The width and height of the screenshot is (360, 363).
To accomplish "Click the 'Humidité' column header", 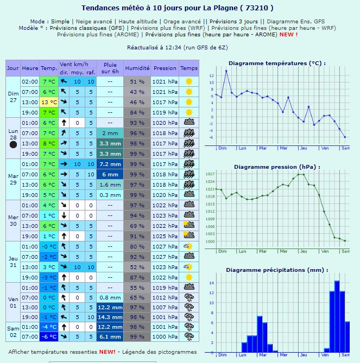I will (137, 68).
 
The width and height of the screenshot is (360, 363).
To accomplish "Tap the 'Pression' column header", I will (165, 68).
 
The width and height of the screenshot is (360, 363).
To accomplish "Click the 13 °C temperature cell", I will (49, 102).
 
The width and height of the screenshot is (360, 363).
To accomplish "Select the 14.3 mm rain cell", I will (110, 316).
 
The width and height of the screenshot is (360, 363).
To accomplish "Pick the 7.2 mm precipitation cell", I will (110, 164).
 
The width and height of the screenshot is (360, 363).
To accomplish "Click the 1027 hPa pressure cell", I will (165, 246).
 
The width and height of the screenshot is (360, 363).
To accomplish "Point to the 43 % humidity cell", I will (137, 92).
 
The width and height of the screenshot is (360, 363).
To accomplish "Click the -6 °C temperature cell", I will (49, 336).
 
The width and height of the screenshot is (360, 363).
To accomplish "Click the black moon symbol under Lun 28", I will (13, 144).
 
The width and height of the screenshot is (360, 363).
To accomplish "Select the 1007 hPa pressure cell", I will (165, 307).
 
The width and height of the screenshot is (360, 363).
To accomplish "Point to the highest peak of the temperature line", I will (226, 71).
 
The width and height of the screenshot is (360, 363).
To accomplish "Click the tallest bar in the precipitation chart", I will (337, 316).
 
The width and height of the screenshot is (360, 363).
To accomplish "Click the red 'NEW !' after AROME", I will (288, 34).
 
